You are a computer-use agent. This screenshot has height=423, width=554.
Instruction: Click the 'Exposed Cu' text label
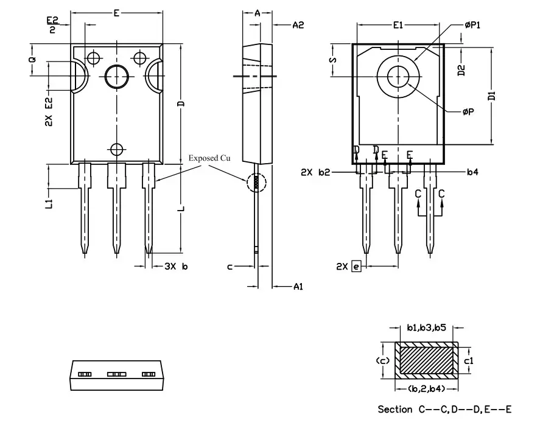click(x=209, y=158)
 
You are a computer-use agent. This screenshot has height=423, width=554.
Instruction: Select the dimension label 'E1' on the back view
click(x=398, y=25)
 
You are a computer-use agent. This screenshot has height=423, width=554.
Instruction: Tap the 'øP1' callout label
click(x=472, y=25)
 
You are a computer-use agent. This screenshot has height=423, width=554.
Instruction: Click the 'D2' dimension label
click(x=461, y=70)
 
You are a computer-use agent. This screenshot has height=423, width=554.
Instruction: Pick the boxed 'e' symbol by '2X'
click(x=356, y=266)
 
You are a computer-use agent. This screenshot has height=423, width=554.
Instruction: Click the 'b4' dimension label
click(x=472, y=172)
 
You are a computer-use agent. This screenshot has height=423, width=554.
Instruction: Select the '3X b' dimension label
click(x=177, y=267)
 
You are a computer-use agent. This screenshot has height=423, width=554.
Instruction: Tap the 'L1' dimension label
click(x=49, y=204)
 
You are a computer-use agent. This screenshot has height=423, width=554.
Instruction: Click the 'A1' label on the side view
click(x=298, y=287)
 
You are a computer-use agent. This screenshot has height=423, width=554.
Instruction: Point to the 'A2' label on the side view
click(x=298, y=25)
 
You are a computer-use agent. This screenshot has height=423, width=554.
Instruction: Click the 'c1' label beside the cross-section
click(x=469, y=360)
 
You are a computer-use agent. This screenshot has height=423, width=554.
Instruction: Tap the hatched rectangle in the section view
click(x=427, y=358)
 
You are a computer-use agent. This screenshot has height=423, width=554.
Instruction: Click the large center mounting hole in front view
click(x=116, y=76)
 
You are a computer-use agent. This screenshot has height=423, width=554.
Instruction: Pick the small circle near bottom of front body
click(x=116, y=148)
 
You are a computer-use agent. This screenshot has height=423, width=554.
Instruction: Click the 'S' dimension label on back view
click(x=333, y=60)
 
